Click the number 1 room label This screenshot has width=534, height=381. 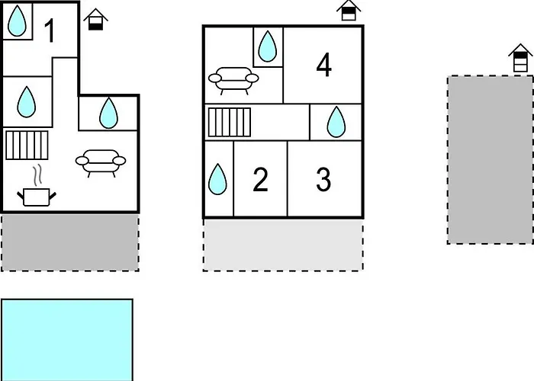(x=50, y=32)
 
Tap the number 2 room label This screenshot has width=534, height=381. (x=260, y=181)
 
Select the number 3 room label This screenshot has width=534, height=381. (x=323, y=180)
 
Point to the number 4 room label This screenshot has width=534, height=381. (x=323, y=66)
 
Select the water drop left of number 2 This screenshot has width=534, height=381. (x=218, y=180)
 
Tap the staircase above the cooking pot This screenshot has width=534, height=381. (x=27, y=145)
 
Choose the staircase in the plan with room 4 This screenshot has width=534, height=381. (x=229, y=122)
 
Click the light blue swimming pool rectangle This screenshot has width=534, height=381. (x=67, y=339)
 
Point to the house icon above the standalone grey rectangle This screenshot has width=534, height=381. (x=521, y=59)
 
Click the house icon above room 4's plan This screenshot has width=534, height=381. (x=349, y=11)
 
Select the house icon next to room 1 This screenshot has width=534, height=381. (x=95, y=19)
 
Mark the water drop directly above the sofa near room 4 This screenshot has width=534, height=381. (x=267, y=46)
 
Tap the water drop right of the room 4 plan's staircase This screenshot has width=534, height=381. (x=336, y=122)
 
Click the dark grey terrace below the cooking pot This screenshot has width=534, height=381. (x=69, y=242)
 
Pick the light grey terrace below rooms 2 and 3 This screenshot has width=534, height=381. (x=282, y=245)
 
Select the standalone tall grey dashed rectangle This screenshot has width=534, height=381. (x=490, y=159)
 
